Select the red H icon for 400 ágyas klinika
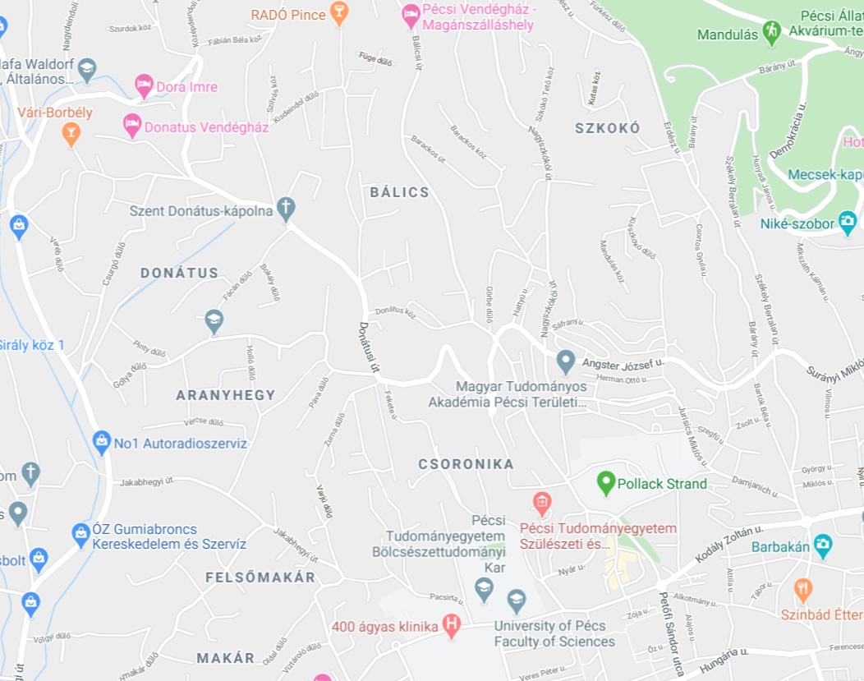tap(451, 626)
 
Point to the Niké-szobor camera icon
tap(847, 221)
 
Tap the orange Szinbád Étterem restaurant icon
tap(803, 588)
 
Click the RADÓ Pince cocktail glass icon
tap(338, 12)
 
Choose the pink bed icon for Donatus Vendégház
tap(131, 126)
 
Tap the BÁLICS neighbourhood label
tap(399, 192)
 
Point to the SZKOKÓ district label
tap(607, 128)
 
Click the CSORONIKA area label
tap(466, 464)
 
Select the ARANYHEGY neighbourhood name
tap(226, 395)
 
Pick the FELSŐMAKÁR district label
tap(260, 577)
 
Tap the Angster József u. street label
tap(622, 362)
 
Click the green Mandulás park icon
tap(770, 32)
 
